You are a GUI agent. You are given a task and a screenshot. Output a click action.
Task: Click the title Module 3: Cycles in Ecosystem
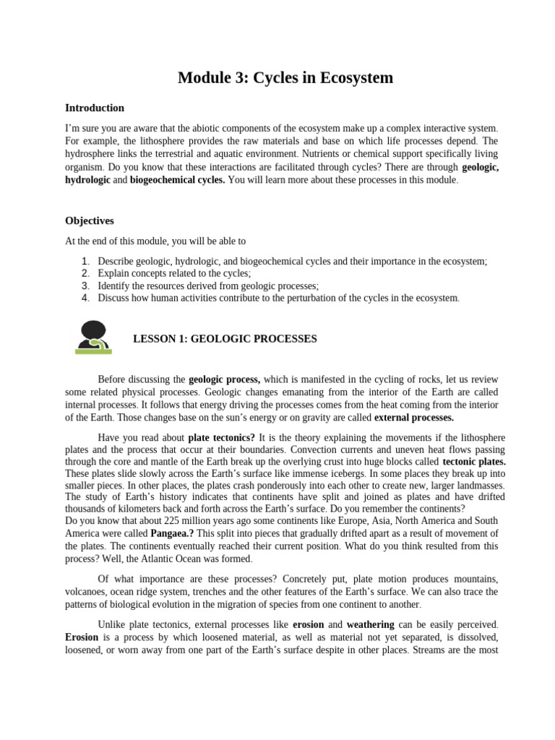(x=285, y=78)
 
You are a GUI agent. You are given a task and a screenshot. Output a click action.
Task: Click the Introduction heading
(x=95, y=108)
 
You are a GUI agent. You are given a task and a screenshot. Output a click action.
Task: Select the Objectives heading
(x=90, y=220)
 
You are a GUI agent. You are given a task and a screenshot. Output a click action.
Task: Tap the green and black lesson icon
(x=92, y=337)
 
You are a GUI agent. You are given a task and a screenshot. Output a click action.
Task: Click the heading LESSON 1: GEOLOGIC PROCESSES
(x=225, y=339)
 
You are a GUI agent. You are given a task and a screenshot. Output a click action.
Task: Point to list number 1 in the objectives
(x=86, y=262)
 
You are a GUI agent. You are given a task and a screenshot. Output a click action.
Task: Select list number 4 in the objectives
(x=86, y=297)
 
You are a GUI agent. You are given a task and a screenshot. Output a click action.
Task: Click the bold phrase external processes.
(x=414, y=418)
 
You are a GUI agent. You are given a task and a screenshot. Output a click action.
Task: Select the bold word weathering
(x=371, y=624)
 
